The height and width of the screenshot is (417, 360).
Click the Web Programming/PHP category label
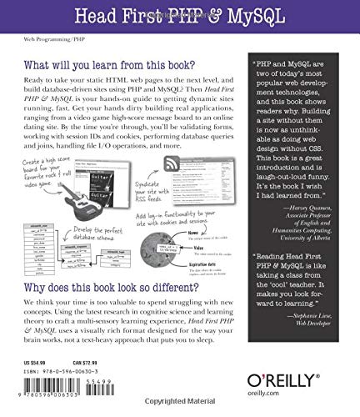38,38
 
